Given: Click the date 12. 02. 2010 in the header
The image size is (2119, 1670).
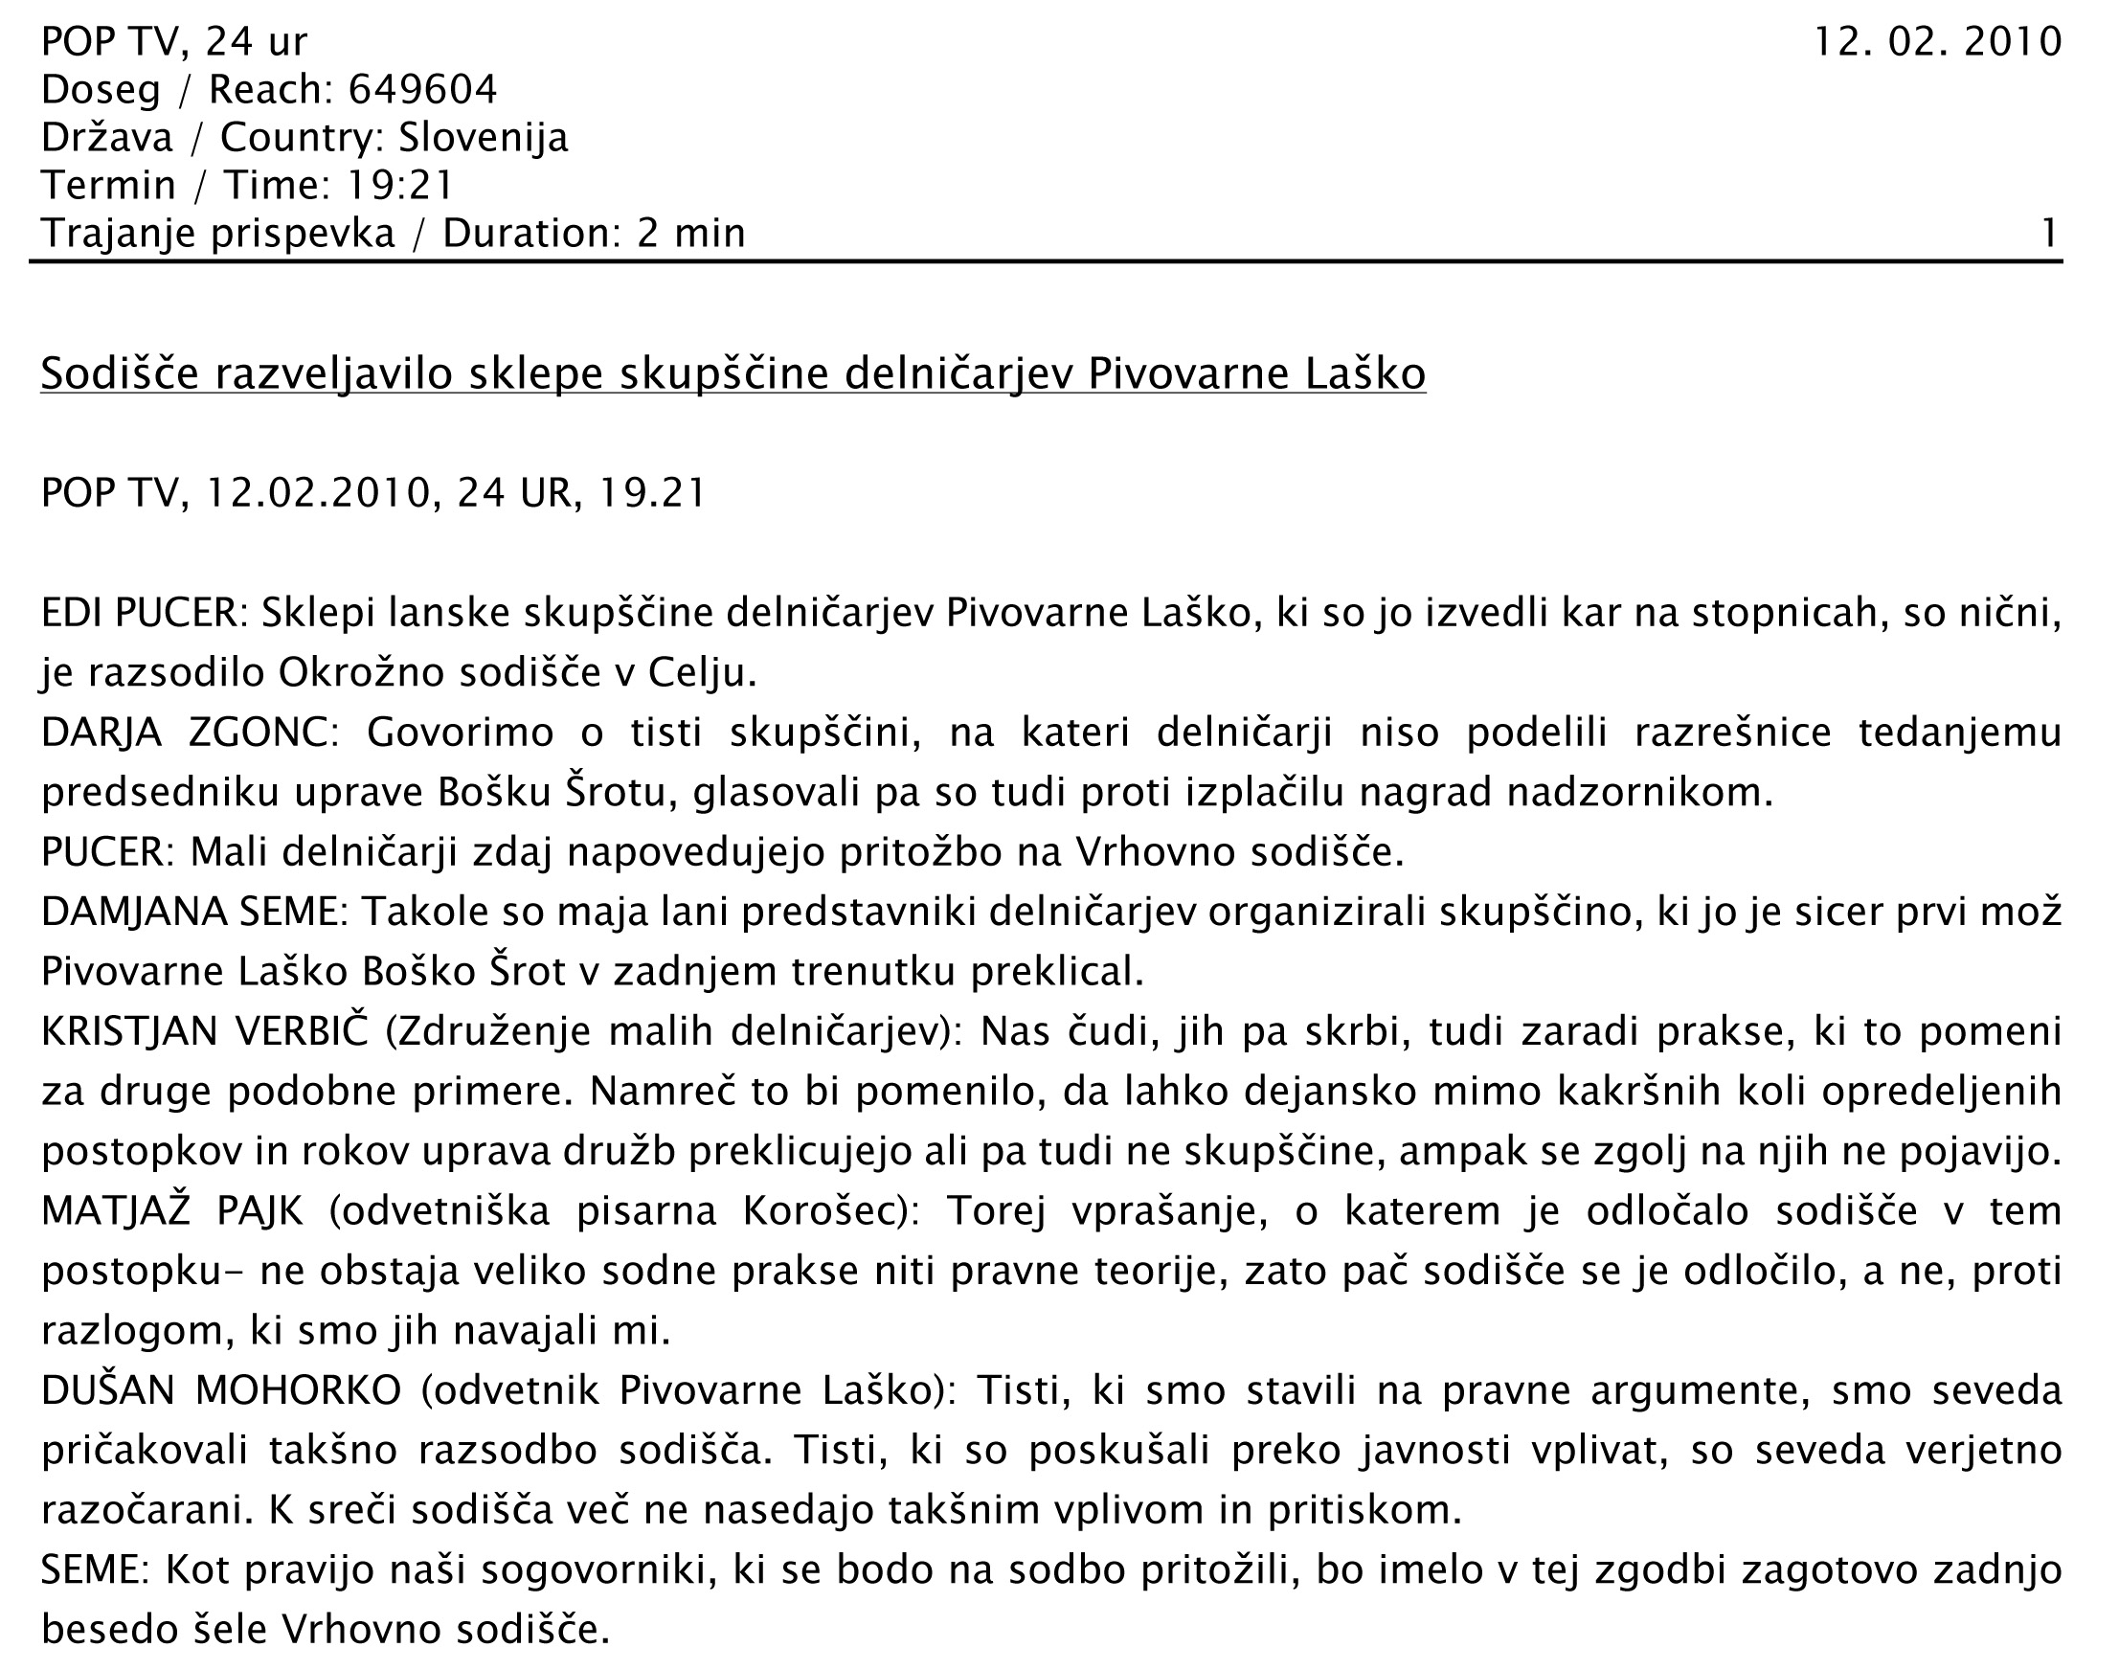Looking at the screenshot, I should click(1937, 42).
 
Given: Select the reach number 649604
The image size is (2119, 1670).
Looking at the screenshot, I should click(422, 90).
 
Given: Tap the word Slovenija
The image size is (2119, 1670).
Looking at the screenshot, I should click(483, 138).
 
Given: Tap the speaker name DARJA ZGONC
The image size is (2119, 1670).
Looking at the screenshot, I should click(183, 733).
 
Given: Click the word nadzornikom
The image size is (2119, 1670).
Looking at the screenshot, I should click(1639, 792).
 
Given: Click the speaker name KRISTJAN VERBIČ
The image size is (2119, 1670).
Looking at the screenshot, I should click(203, 1031).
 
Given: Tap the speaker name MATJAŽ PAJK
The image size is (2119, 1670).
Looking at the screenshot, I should click(172, 1211).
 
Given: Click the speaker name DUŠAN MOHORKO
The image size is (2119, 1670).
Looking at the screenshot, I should click(221, 1390).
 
